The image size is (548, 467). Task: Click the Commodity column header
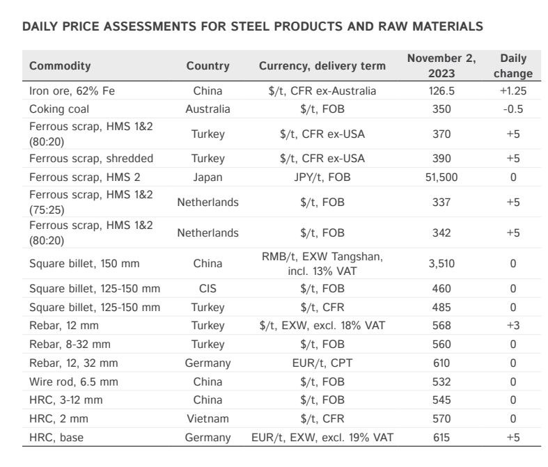click(x=60, y=65)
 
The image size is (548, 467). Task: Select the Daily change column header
click(x=513, y=65)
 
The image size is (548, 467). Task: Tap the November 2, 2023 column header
click(x=441, y=65)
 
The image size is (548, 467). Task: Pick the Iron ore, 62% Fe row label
click(x=72, y=90)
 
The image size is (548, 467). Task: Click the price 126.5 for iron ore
click(x=441, y=90)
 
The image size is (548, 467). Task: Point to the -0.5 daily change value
click(x=513, y=109)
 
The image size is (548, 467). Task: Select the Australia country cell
click(x=208, y=109)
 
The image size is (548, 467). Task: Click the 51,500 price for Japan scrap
click(x=441, y=177)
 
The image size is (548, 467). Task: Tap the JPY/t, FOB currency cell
click(x=322, y=177)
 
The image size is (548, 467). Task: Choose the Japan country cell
click(x=208, y=177)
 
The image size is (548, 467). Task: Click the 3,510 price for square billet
click(x=441, y=263)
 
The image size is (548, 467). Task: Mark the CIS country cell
click(x=208, y=289)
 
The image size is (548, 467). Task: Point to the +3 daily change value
click(x=513, y=326)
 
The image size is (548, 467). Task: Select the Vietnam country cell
click(x=208, y=418)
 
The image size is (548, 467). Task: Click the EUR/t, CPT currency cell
click(x=322, y=363)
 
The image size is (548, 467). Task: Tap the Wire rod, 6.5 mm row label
click(x=73, y=381)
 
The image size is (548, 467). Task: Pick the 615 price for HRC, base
click(x=441, y=437)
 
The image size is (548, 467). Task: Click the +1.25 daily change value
click(x=513, y=90)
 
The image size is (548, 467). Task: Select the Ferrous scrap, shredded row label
click(x=91, y=158)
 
